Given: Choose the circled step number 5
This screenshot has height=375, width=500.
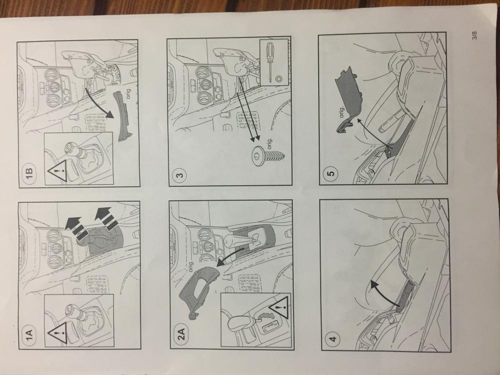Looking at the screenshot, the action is pyautogui.click(x=331, y=174).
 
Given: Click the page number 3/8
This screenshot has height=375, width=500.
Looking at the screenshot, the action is pyautogui.click(x=475, y=35).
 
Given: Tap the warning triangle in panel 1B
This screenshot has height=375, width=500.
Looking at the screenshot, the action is pyautogui.click(x=58, y=171).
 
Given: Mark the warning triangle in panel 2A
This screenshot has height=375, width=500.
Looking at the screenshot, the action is pyautogui.click(x=279, y=307).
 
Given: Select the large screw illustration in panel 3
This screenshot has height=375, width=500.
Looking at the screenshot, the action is pyautogui.click(x=268, y=155).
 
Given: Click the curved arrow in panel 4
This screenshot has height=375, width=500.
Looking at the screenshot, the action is pyautogui.click(x=382, y=293).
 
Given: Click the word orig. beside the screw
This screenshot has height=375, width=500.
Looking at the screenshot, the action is pyautogui.click(x=269, y=143).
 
